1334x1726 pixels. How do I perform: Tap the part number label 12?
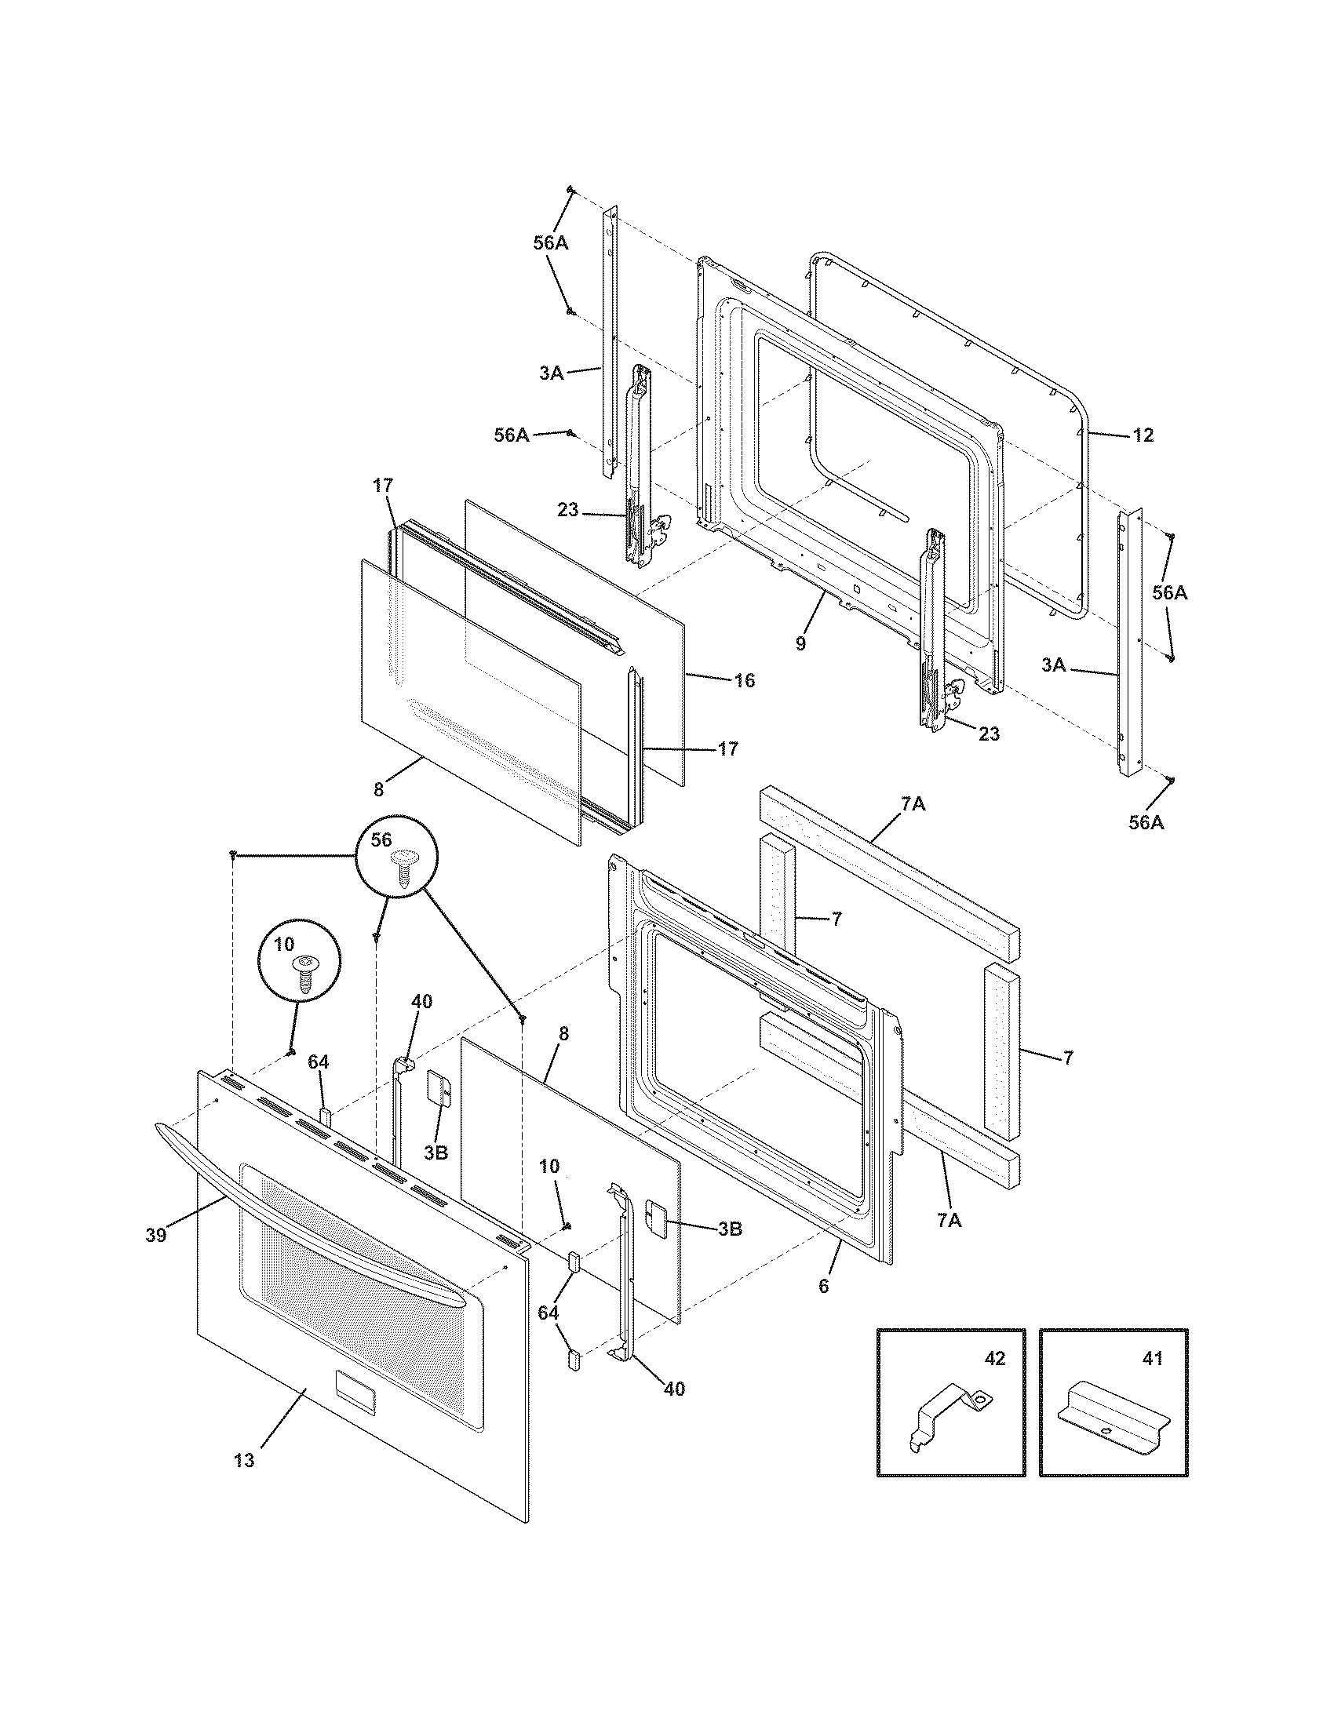[1143, 435]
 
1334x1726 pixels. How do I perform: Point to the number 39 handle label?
[155, 1235]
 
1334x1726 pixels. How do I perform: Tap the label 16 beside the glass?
[744, 680]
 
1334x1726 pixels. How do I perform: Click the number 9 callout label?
[800, 644]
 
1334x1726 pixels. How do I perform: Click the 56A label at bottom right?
[1146, 823]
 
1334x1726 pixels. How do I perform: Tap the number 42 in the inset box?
[994, 1359]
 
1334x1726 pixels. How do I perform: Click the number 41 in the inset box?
[1153, 1359]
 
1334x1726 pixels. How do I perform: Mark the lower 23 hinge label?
[989, 734]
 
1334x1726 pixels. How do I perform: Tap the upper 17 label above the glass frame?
[382, 485]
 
